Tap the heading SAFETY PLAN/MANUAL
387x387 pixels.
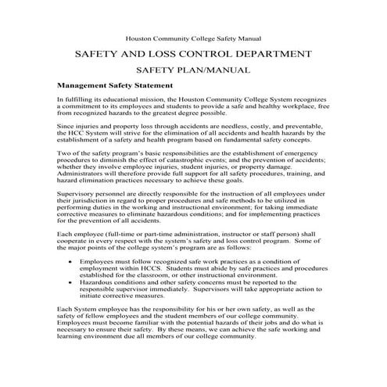(x=194, y=70)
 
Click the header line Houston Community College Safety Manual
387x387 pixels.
(x=193, y=38)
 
